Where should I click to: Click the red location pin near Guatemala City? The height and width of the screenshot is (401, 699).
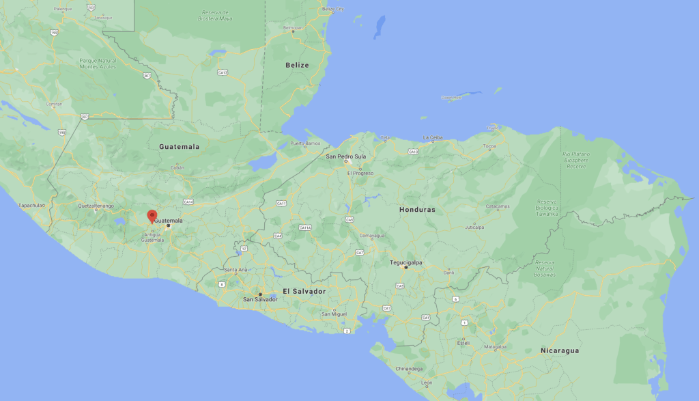coord(152,217)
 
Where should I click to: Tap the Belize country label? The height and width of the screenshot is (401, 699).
coord(297,66)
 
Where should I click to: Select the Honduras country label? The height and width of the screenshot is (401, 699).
coord(417,210)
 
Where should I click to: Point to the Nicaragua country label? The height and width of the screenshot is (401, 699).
coord(560,350)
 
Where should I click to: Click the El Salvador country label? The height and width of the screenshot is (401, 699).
coord(304,291)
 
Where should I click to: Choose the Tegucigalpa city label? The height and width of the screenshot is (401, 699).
coord(406,262)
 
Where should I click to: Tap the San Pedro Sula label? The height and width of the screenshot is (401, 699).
coord(346,156)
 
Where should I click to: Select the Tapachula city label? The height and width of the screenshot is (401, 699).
coord(31,205)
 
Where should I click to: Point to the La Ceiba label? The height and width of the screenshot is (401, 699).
coord(433,137)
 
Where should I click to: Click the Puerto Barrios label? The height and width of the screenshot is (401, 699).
coord(305,143)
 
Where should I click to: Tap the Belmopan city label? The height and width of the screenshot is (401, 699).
coord(294,27)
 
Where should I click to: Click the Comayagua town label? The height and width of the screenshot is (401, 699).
coord(372,235)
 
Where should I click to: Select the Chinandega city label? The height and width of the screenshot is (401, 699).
coord(409,369)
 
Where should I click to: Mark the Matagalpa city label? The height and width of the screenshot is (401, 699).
coord(496,346)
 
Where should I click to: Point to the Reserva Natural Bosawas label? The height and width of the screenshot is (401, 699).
coord(545,268)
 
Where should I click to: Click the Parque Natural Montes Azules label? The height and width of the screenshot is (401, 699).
coord(98,64)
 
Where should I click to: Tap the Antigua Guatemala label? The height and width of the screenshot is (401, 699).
coord(152,237)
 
